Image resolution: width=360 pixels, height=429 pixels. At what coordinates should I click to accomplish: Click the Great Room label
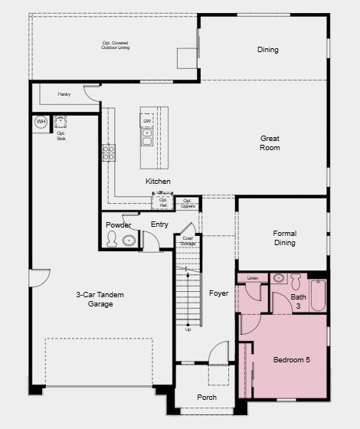(270, 142)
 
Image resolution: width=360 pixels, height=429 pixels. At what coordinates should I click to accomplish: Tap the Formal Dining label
(284, 238)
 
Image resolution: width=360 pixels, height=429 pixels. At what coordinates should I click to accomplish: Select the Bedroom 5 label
(291, 359)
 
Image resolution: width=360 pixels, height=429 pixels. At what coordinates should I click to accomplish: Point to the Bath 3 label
(298, 301)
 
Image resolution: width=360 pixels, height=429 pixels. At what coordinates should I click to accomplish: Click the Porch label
(206, 398)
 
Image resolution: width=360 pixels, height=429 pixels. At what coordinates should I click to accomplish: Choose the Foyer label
(218, 293)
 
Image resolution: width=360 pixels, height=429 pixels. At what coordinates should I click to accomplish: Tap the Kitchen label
(158, 182)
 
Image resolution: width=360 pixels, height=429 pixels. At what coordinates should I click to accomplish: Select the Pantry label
(65, 94)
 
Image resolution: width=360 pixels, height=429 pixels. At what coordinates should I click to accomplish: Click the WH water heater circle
(41, 122)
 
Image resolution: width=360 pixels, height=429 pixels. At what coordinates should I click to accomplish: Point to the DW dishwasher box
(147, 121)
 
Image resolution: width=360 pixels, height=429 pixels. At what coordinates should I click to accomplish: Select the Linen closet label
(253, 277)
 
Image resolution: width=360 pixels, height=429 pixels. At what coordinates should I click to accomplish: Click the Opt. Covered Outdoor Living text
(116, 45)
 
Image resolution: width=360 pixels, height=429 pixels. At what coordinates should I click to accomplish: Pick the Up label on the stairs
(188, 329)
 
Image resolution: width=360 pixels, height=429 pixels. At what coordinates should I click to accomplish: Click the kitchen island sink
(147, 137)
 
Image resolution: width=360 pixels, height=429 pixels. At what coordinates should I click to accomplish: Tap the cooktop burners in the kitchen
(109, 152)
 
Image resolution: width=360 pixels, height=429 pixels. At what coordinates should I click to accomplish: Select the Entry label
(159, 224)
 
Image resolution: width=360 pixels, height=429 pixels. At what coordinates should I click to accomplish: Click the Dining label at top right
(267, 50)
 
